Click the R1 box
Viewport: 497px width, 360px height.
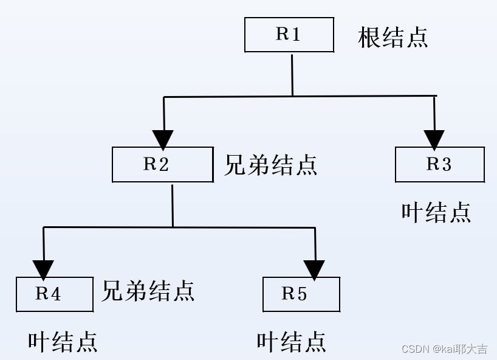pyautogui.click(x=289, y=35)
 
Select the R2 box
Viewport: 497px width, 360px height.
pyautogui.click(x=162, y=164)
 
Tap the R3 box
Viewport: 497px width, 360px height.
pyautogui.click(x=439, y=164)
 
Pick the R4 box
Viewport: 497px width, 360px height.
pyautogui.click(x=55, y=294)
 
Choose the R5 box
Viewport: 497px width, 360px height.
pyautogui.click(x=301, y=294)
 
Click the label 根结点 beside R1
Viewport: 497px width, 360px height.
pyautogui.click(x=393, y=37)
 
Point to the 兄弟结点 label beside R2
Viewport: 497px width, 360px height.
pyautogui.click(x=270, y=165)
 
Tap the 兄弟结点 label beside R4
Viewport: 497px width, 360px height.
pyautogui.click(x=148, y=291)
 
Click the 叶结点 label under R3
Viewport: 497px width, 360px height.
pyautogui.click(x=436, y=212)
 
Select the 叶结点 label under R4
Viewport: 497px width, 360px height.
pyautogui.click(x=63, y=342)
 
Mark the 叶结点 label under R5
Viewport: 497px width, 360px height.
pyautogui.click(x=291, y=342)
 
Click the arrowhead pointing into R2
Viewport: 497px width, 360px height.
pyautogui.click(x=163, y=139)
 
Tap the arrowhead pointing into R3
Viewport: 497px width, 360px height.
pyautogui.click(x=434, y=140)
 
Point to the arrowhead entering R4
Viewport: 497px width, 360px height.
pyautogui.click(x=43, y=269)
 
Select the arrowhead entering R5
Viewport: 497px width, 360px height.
pyautogui.click(x=314, y=269)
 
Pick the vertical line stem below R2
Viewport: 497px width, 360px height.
pyautogui.click(x=173, y=205)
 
